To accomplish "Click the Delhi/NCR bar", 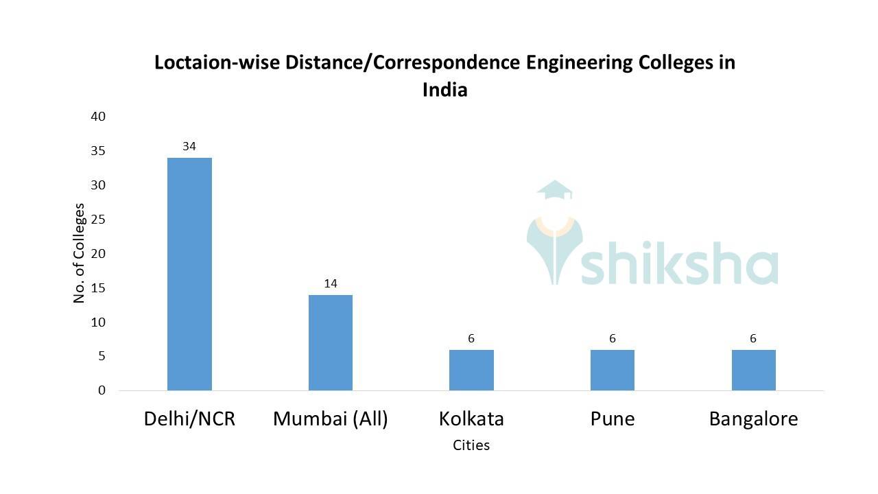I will point(189,274).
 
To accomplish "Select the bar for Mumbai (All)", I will point(331,342).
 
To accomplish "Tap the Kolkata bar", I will point(471,370).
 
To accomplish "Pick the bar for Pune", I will point(613,370).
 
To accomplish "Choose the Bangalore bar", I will point(753,370).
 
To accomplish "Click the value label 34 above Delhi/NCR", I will point(189,146).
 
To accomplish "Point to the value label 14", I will point(331,283).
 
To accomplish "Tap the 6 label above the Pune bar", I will point(613,338).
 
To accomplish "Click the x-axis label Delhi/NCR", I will point(189,419).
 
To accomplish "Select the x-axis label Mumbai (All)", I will point(331,419).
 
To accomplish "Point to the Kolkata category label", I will point(471,419).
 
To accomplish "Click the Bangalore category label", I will point(753,419).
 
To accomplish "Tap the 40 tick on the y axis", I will point(98,117).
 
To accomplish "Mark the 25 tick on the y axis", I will point(98,220).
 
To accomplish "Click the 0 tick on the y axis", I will point(102,390).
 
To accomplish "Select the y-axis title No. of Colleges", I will point(80,253).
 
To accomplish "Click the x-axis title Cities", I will point(471,445).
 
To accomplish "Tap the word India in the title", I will point(444,90).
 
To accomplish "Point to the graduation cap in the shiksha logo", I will point(554,191).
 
